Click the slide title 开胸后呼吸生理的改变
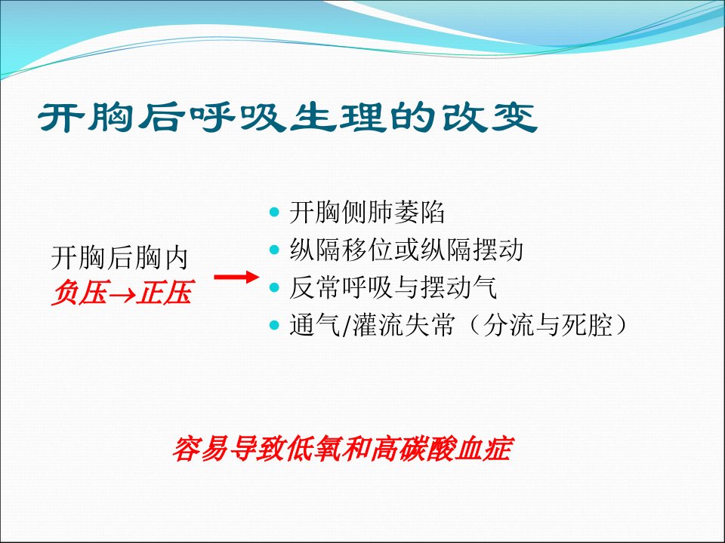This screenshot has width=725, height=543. [287, 118]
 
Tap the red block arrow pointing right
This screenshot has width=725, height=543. [236, 277]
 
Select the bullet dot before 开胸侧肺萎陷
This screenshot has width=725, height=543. [274, 213]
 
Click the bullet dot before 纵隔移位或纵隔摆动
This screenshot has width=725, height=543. [274, 250]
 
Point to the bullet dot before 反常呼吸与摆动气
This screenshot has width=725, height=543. [274, 287]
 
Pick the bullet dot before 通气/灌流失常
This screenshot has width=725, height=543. [274, 325]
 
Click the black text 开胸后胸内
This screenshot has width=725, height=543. [120, 258]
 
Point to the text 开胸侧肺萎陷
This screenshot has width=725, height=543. [367, 213]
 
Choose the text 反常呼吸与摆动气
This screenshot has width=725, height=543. [393, 287]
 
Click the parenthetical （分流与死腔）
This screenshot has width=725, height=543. [548, 325]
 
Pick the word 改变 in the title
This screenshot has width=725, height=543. [489, 118]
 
